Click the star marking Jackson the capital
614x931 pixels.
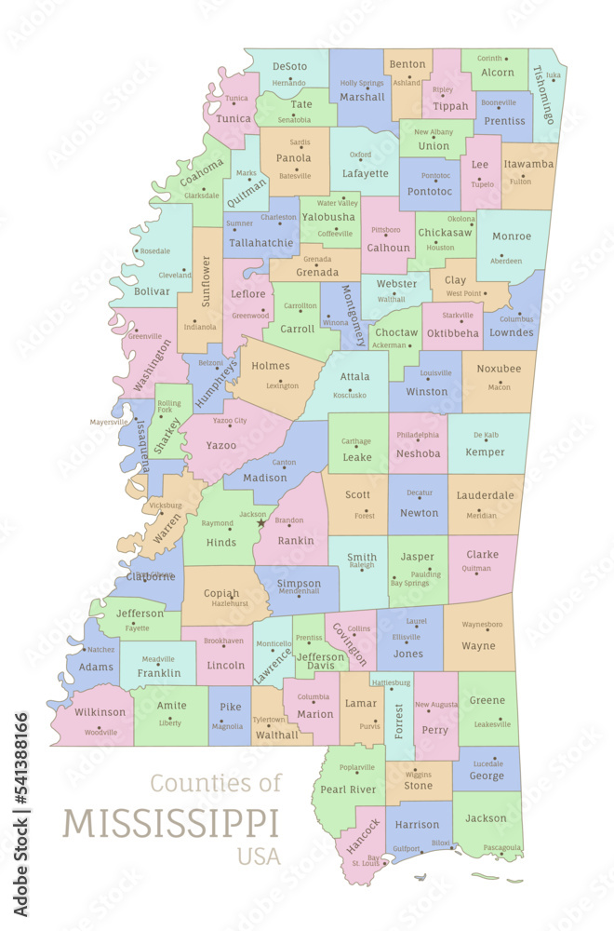[261, 523]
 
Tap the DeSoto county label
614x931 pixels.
[289, 66]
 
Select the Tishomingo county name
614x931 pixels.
[544, 95]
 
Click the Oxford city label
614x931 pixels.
[360, 155]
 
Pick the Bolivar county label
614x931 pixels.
[153, 291]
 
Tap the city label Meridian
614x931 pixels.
[481, 515]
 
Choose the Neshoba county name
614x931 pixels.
[418, 453]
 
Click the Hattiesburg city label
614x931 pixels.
[390, 682]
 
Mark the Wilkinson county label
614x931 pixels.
[100, 712]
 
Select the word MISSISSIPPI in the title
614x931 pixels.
[171, 824]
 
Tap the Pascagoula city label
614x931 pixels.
[502, 848]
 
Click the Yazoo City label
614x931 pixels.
[229, 421]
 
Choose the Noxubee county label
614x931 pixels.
[499, 369]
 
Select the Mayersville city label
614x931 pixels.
[109, 422]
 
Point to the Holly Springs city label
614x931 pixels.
[362, 83]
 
